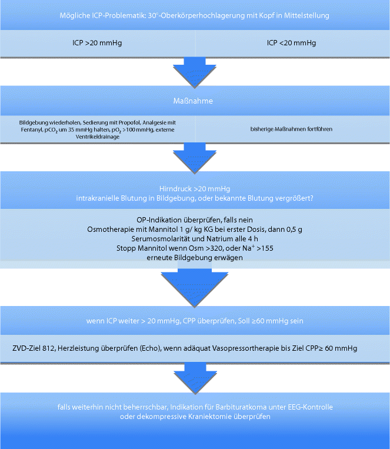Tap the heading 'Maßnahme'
(195, 101)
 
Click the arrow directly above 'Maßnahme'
(195, 71)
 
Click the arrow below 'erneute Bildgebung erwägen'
(195, 285)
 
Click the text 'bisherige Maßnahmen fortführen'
(292, 128)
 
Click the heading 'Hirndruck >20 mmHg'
(195, 188)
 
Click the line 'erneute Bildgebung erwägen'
(195, 258)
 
